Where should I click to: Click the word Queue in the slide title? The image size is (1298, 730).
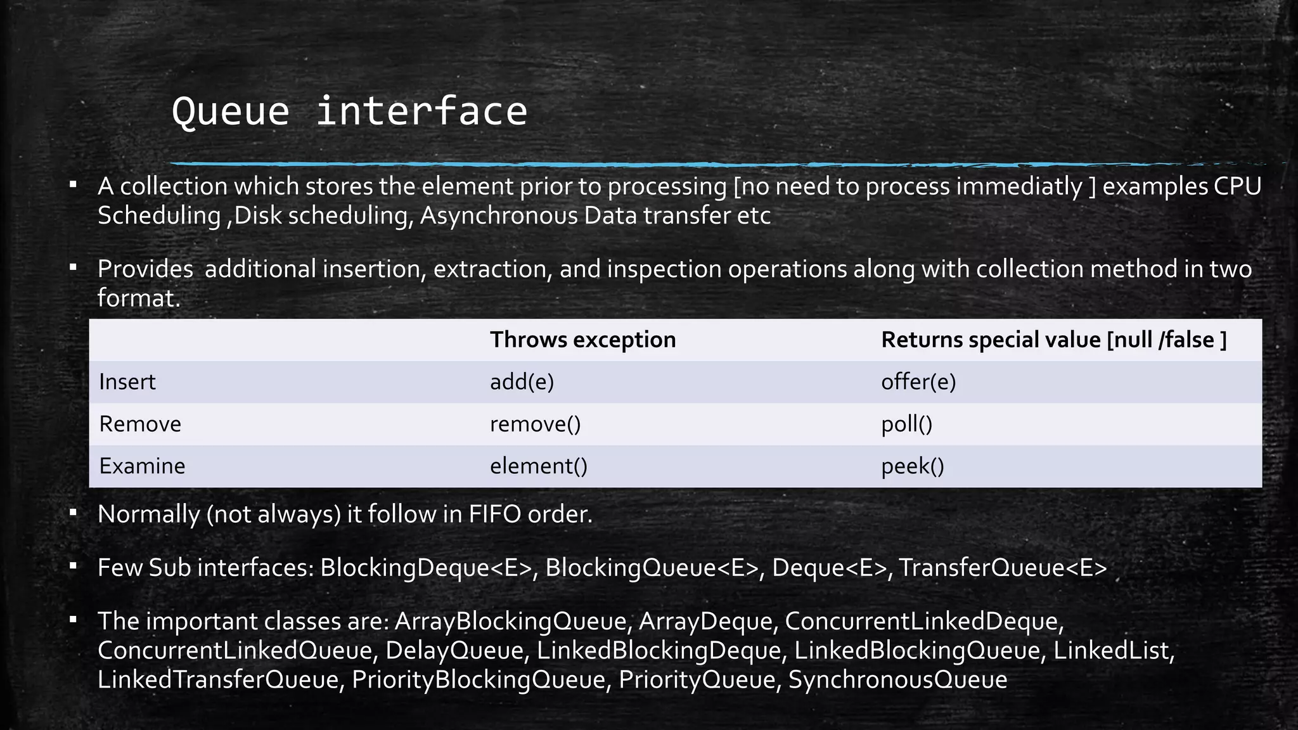coord(231,112)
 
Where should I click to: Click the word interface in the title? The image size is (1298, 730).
coord(421,112)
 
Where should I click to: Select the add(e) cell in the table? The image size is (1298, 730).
coord(522,382)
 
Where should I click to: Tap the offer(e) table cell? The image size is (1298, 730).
coord(918,382)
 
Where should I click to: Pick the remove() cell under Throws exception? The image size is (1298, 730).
coord(535,424)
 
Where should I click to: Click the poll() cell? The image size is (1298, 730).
coord(906,424)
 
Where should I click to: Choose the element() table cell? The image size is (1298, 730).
coord(538,466)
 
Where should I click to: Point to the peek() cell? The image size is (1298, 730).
coord(912,466)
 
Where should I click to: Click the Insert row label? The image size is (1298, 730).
coord(127,382)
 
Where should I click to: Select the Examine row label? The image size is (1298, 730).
coord(142,466)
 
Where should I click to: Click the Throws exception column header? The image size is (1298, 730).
coord(582,340)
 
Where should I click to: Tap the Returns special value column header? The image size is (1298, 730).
coord(1053,340)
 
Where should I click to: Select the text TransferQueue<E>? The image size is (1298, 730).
coord(1003,568)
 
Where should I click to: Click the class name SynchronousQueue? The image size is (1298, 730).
coord(897,680)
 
